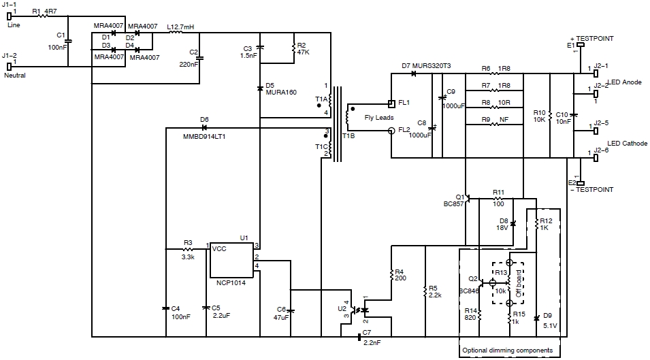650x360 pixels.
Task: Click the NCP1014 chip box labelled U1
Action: pos(231,258)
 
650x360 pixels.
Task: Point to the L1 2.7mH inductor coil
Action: pos(175,31)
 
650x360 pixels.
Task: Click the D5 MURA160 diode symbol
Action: pos(260,88)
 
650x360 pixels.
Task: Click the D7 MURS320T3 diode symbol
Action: pos(413,73)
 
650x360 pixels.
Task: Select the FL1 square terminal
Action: pos(391,103)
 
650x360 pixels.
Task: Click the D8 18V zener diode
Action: pos(513,223)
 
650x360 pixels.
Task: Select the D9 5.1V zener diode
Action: pos(537,317)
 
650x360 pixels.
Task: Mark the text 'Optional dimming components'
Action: pos(511,350)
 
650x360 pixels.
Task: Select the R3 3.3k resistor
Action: pos(188,249)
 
